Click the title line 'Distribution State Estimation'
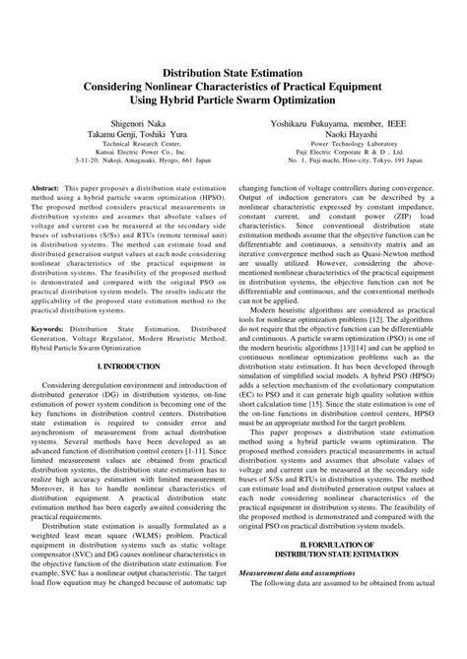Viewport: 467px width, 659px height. pyautogui.click(x=233, y=72)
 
